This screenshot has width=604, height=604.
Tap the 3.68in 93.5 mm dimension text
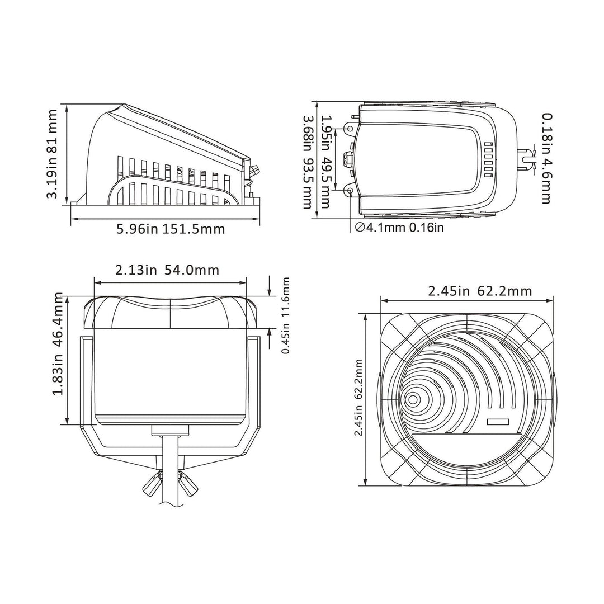[306, 163]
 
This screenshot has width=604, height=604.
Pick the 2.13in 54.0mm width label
[167, 270]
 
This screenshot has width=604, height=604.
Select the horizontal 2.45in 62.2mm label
[479, 291]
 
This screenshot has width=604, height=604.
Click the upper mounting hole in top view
[350, 129]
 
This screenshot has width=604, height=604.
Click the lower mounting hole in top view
[350, 191]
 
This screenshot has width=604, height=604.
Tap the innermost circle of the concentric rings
[413, 399]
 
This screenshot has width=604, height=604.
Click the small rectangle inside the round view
[497, 423]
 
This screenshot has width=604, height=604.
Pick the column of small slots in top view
[487, 159]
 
